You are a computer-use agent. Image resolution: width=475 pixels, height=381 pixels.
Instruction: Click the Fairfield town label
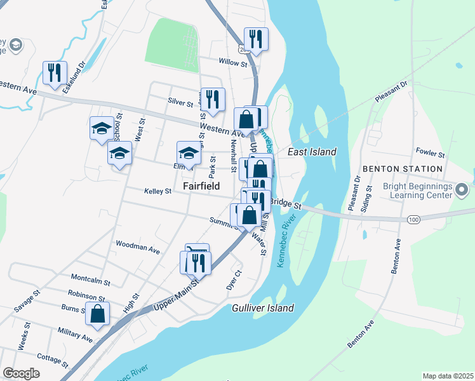click(x=201, y=186)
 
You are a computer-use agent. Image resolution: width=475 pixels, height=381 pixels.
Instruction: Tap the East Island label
click(x=312, y=152)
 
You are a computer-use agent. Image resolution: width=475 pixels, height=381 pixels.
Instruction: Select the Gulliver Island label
click(x=262, y=308)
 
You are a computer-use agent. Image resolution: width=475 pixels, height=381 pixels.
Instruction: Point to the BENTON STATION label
click(x=402, y=168)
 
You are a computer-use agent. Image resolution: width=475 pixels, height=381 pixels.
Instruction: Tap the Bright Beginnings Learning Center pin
click(x=462, y=189)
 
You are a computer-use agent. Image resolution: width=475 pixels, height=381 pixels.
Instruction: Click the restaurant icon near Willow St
click(x=256, y=39)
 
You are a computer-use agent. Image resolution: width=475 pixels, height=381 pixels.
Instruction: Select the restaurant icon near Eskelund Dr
click(x=55, y=72)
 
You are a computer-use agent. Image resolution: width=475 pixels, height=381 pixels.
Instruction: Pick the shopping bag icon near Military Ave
click(x=97, y=314)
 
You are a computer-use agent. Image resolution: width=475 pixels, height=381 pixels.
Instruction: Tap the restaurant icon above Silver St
click(x=213, y=98)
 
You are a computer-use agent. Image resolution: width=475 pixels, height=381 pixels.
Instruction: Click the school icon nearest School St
click(x=102, y=129)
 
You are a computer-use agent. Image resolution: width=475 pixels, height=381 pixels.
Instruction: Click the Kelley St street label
click(x=157, y=190)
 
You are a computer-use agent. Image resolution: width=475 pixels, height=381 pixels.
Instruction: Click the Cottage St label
click(x=51, y=359)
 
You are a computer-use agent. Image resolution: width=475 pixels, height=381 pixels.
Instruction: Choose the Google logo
click(x=22, y=373)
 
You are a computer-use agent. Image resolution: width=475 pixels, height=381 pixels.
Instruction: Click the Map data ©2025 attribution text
click(x=447, y=376)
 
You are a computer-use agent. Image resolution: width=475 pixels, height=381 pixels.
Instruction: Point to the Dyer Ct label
click(x=234, y=279)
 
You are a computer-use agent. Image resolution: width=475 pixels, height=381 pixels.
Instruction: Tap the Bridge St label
click(x=285, y=202)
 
